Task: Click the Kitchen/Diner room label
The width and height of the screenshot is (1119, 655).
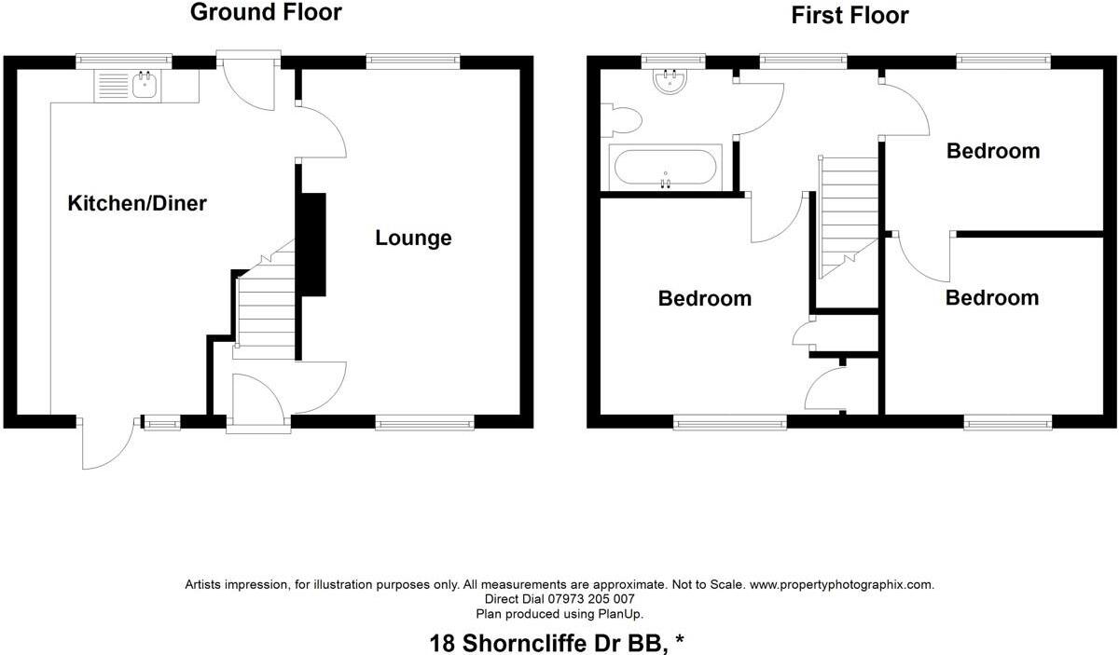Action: coord(137,203)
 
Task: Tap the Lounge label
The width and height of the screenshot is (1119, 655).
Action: coord(413,238)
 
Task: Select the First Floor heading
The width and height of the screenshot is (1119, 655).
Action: coord(850,15)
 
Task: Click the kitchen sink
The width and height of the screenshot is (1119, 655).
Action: coord(145,86)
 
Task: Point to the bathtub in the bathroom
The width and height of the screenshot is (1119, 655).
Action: coord(665,168)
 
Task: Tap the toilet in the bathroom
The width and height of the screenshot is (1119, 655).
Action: coord(623,120)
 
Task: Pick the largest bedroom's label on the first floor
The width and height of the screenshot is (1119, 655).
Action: coord(704,298)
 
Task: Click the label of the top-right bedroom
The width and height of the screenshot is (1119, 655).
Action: coord(992,151)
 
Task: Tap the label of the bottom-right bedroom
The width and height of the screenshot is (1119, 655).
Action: coord(991,297)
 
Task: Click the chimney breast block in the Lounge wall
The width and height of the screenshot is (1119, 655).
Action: coord(312,244)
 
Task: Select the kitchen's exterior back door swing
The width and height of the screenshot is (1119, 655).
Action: coord(103,445)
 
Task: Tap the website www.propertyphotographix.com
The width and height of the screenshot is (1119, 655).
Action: coord(841,585)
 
